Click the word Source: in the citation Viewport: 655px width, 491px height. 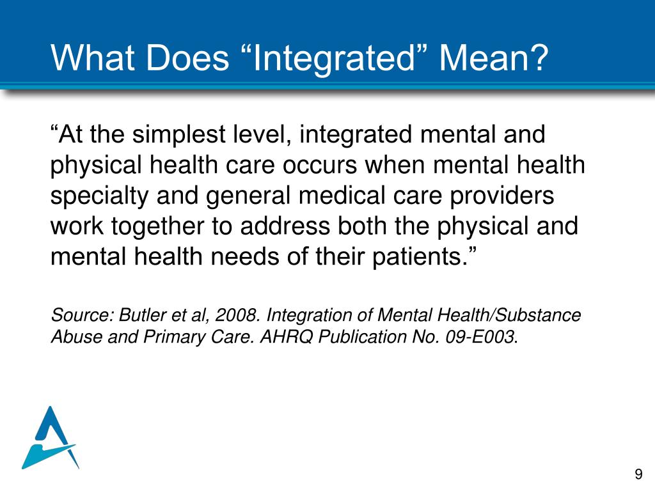click(81, 315)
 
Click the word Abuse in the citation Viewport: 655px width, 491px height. click(71, 337)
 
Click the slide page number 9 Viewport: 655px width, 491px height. click(638, 474)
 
